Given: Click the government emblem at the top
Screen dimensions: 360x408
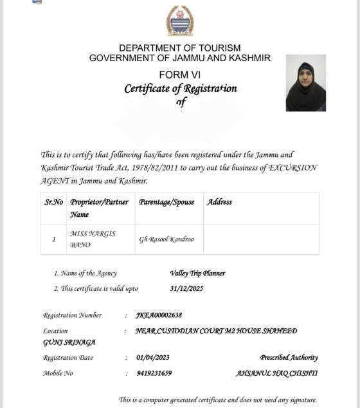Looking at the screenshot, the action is click(179, 21).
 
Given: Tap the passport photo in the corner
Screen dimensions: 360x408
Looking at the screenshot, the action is click(305, 83).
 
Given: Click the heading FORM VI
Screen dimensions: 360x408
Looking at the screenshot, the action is click(179, 75).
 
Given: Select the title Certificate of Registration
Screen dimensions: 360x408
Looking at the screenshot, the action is click(180, 89).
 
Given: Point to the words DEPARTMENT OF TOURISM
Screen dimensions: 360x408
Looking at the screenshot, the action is click(179, 48).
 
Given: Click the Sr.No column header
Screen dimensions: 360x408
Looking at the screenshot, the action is click(53, 202).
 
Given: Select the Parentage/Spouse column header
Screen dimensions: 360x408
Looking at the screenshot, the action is click(166, 202).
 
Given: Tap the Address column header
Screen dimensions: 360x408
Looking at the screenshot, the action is click(219, 202).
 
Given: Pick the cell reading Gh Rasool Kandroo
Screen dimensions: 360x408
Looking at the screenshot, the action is click(166, 239).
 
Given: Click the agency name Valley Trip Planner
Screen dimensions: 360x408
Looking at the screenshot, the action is click(197, 273).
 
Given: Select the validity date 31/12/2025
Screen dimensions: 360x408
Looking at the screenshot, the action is click(186, 288).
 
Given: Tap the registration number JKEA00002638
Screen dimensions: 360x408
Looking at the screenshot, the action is click(159, 315).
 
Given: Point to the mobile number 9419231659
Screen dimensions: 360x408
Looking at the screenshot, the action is click(154, 373).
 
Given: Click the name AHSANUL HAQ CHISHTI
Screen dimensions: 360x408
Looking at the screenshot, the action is click(276, 373).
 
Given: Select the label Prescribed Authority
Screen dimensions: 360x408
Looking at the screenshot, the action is click(289, 358).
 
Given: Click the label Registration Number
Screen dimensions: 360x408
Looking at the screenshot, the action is click(72, 315).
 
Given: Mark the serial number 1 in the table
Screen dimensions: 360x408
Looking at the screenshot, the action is click(53, 239).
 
